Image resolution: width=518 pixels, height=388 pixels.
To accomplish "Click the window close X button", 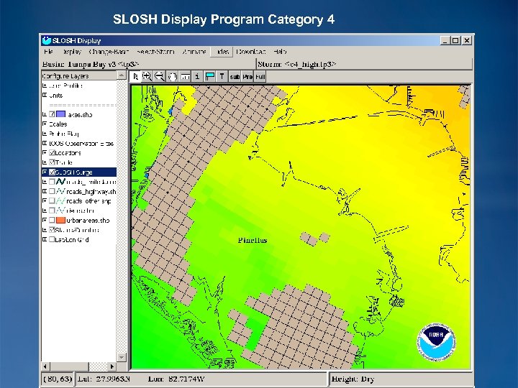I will pyautogui.click(x=467, y=41).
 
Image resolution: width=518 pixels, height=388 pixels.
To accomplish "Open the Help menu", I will pyautogui.click(x=280, y=52).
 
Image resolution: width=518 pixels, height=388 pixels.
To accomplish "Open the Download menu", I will pyautogui.click(x=250, y=52).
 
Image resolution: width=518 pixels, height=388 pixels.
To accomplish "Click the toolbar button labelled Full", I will pyautogui.click(x=260, y=76).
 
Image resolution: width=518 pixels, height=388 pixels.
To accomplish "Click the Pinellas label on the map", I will pyautogui.click(x=252, y=240).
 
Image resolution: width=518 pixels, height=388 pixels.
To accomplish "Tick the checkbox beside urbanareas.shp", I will pyautogui.click(x=52, y=221).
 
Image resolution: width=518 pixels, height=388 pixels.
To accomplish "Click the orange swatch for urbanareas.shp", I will pyautogui.click(x=61, y=221).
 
